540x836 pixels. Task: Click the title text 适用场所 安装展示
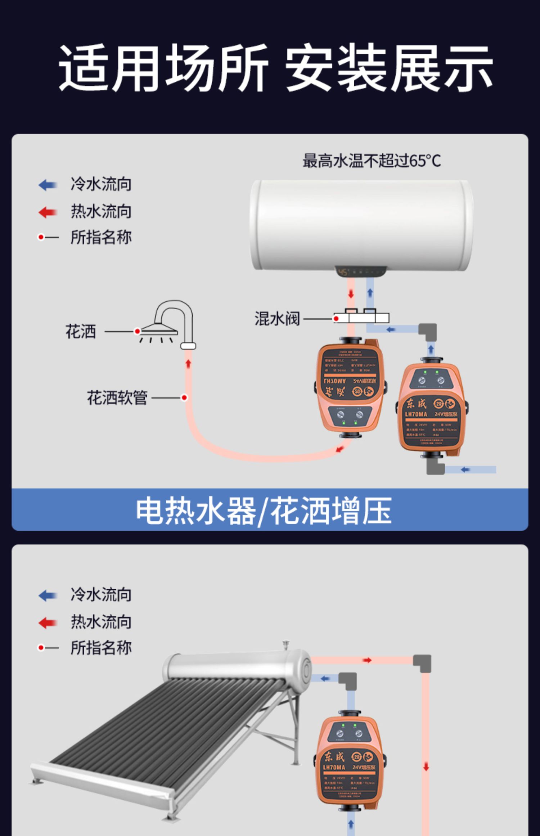point(275,68)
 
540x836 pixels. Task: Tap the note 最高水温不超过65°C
point(372,161)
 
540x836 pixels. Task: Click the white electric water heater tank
point(361,225)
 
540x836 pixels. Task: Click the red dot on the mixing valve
point(336,319)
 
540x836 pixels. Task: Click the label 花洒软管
point(117,397)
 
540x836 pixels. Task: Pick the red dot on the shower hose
point(184,397)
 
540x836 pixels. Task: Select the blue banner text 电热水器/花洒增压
point(264,510)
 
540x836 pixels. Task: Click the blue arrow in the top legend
point(48,185)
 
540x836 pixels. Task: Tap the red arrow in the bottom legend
point(48,622)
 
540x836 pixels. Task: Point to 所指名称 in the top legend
point(101,237)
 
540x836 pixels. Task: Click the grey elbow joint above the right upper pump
point(428,331)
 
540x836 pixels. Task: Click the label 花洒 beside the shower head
point(81,331)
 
